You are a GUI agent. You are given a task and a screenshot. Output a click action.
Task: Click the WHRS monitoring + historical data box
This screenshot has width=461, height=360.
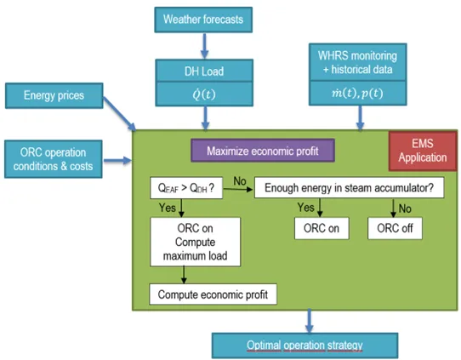pos(361,62)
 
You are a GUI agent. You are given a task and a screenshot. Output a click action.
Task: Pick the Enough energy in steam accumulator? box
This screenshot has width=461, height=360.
pos(349,188)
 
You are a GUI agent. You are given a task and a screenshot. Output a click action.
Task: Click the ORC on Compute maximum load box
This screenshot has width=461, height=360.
pos(194,241)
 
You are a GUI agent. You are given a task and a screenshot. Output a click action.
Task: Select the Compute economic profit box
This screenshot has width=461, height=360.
pos(213,294)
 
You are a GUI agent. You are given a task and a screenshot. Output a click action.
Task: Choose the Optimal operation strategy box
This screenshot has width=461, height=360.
pos(304,346)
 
